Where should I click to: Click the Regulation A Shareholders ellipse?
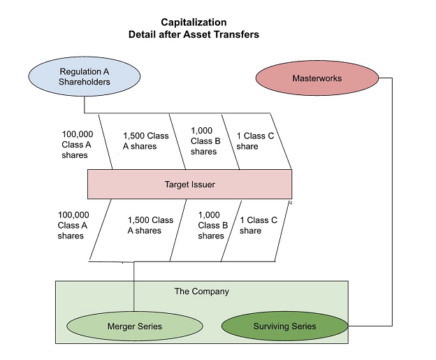[x=85, y=76]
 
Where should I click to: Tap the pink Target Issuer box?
[x=189, y=184]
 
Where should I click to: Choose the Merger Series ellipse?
[x=135, y=326]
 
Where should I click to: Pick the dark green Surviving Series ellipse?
[x=284, y=326]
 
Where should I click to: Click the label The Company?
[x=201, y=291]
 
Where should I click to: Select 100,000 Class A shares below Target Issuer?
[x=73, y=225]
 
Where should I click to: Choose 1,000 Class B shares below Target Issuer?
[x=212, y=225]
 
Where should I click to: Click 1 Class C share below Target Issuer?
[x=259, y=225]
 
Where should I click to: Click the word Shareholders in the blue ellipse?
[x=85, y=82]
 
